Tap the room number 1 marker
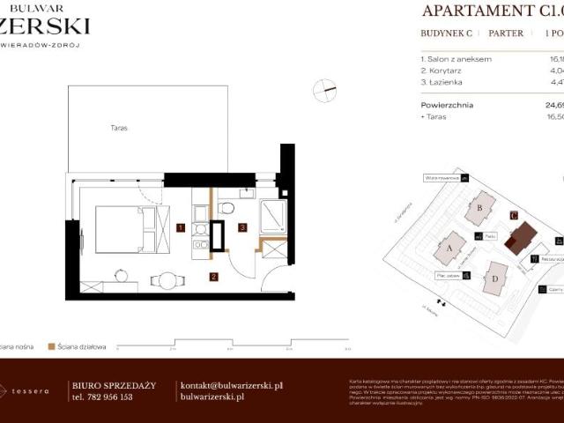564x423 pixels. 180,227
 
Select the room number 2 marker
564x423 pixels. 213,277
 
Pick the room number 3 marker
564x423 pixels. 242,227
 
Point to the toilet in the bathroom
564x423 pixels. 226,208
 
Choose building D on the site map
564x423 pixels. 494,279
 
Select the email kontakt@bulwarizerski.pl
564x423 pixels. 231,385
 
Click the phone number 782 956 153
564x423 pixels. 101,397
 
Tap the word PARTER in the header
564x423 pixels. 506,33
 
